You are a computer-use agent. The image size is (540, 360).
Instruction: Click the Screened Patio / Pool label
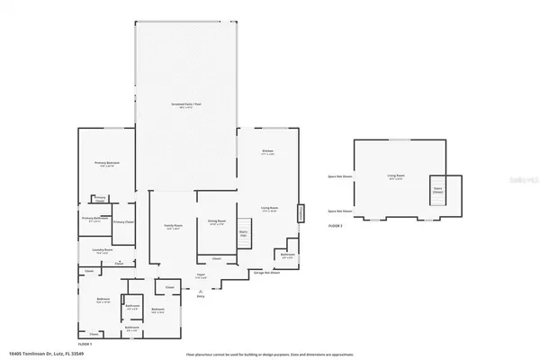click(x=187, y=105)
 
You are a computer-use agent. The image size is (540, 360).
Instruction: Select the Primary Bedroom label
click(x=107, y=164)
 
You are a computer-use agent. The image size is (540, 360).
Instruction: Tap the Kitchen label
click(x=267, y=152)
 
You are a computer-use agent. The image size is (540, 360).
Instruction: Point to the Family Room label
click(x=174, y=226)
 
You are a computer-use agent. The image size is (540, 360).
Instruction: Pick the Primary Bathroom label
click(x=95, y=219)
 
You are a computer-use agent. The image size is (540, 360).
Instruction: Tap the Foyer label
click(x=201, y=276)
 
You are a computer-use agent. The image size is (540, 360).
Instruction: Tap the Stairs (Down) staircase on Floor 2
click(x=438, y=190)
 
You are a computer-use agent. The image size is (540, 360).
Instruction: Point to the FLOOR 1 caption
click(x=85, y=344)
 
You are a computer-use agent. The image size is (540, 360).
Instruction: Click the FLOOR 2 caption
click(x=336, y=224)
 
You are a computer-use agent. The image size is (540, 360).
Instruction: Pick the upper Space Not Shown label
click(x=340, y=176)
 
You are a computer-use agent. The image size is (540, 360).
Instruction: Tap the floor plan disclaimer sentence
click(x=270, y=355)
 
